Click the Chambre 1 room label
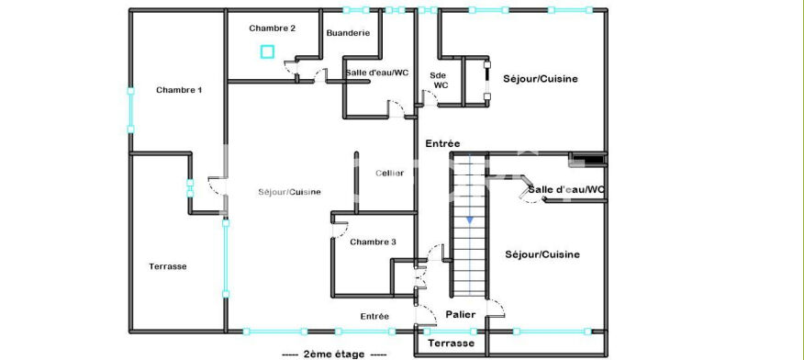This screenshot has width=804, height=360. click(x=179, y=90)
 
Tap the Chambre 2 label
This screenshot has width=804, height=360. click(x=273, y=28)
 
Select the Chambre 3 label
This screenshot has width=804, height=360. click(x=373, y=242)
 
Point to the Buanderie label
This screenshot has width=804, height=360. click(x=348, y=33)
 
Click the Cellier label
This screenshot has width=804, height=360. click(x=390, y=174)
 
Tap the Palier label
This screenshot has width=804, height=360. click(x=460, y=314)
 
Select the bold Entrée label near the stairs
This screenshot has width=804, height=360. click(x=442, y=144)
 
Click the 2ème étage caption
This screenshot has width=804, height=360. click(x=334, y=354)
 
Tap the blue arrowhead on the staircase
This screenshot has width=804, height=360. click(x=470, y=220)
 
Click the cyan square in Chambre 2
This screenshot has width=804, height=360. click(x=267, y=51)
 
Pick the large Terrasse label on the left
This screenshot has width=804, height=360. click(x=168, y=266)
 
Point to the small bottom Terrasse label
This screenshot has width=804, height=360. click(x=452, y=343)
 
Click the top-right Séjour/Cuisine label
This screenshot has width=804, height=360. click(x=541, y=79)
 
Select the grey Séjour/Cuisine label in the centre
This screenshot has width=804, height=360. click(x=290, y=192)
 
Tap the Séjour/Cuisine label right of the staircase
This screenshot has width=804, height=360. click(x=542, y=254)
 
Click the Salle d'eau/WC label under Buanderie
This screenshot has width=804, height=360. click(x=377, y=73)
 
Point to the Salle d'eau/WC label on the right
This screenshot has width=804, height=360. click(x=566, y=190)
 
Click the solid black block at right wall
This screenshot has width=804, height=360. click(x=588, y=160)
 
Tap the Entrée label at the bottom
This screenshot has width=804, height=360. click(x=374, y=317)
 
